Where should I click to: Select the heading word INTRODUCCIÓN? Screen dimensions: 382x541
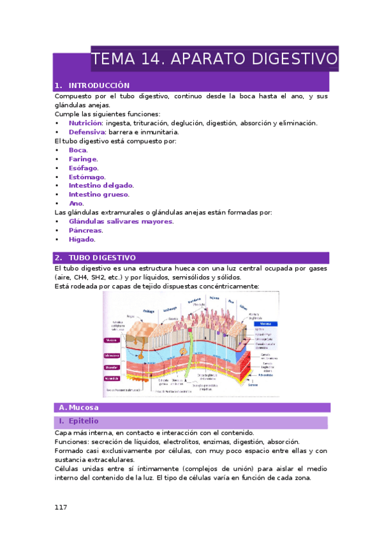click(99, 85)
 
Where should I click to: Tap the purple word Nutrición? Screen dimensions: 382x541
click(85, 123)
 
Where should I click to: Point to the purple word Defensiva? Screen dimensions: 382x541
click(88, 132)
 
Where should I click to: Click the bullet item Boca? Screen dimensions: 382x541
click(78, 150)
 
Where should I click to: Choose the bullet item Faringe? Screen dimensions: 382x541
click(83, 159)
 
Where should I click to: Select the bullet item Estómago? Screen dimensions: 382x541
click(87, 177)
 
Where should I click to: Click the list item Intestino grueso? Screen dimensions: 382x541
click(99, 195)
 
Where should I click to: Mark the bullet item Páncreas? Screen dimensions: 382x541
click(85, 230)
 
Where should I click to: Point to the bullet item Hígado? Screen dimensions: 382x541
click(82, 239)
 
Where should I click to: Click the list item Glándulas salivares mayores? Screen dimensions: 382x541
click(121, 221)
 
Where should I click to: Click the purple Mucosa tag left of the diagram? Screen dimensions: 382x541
click(111, 341)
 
